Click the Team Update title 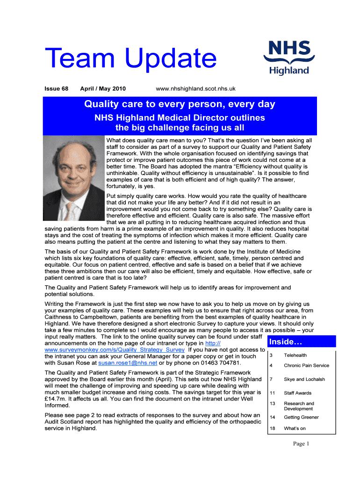tap(130, 60)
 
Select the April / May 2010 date tap(103, 88)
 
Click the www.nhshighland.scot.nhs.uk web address tap(195, 88)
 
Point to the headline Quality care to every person tap(180, 104)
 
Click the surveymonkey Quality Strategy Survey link tap(115, 349)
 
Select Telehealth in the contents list tap(295, 356)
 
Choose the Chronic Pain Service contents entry tap(306, 365)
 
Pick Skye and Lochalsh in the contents tap(304, 379)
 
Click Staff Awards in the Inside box tap(297, 393)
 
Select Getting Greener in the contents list tap(301, 417)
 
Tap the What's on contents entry tap(295, 428)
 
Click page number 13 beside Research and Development tap(272, 403)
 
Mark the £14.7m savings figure tap(55, 399)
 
